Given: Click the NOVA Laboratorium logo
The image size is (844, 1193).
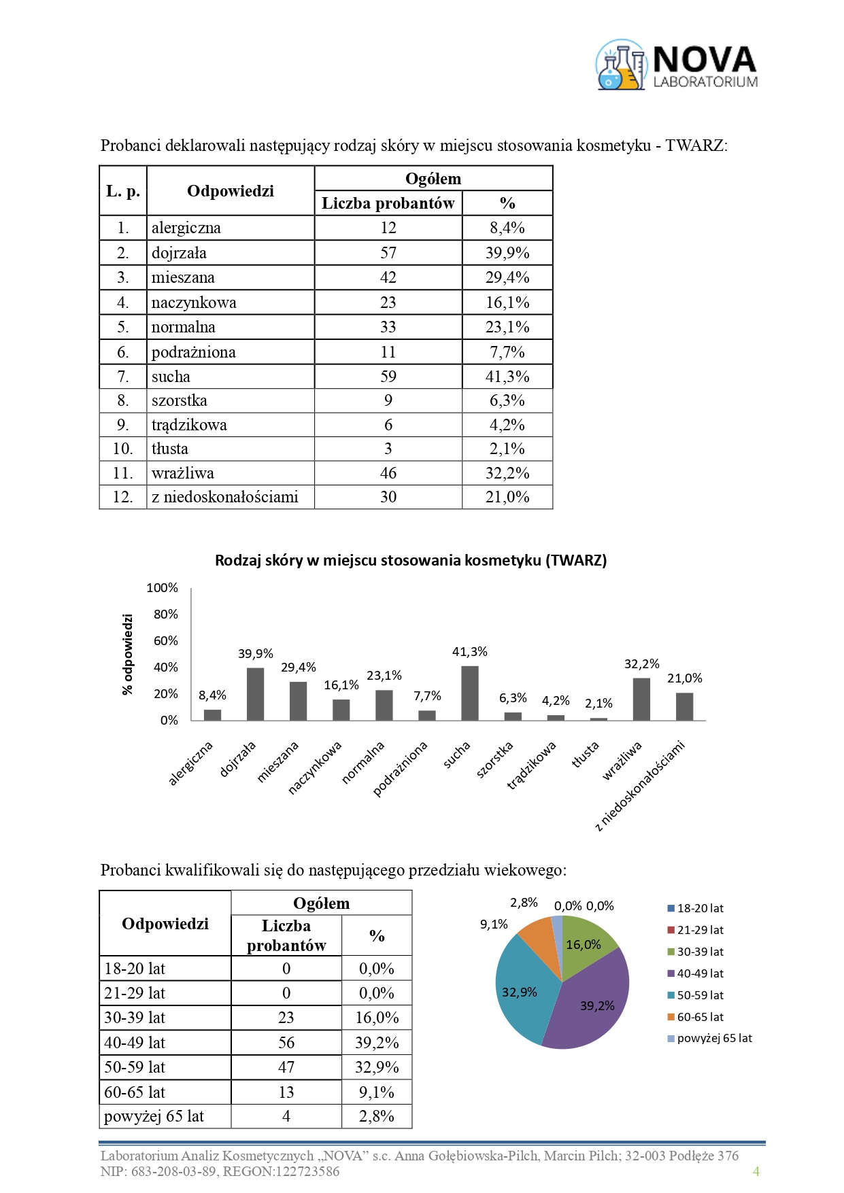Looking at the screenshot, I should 677,65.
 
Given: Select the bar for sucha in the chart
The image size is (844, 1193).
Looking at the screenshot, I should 470,693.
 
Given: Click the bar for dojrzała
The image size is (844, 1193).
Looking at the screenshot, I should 255,694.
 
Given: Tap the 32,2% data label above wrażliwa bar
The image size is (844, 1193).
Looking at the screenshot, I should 641,664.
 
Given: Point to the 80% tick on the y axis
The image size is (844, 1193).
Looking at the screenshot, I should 165,615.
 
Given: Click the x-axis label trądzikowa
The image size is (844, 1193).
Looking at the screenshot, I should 532,765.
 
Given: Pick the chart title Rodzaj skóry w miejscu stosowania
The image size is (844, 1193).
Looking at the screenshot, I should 411,561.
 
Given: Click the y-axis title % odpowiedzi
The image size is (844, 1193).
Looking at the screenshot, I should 127,654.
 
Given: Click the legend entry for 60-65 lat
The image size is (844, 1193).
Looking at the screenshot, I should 700,1017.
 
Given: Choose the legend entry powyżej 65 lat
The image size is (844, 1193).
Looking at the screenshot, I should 714,1039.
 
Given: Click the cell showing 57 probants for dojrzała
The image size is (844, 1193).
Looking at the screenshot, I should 388,253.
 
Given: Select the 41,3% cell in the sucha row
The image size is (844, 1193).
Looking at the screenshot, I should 507,377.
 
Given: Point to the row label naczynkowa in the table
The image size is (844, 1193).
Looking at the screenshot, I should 194,302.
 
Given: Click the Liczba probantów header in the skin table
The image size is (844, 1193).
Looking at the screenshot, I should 388,203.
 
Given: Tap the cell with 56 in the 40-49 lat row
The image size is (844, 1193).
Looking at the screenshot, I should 286,1043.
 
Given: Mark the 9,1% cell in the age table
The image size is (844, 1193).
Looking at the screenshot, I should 377,1092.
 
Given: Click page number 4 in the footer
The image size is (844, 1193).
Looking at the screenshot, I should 756,1171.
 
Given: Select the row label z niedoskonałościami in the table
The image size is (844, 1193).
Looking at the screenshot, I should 225,497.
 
